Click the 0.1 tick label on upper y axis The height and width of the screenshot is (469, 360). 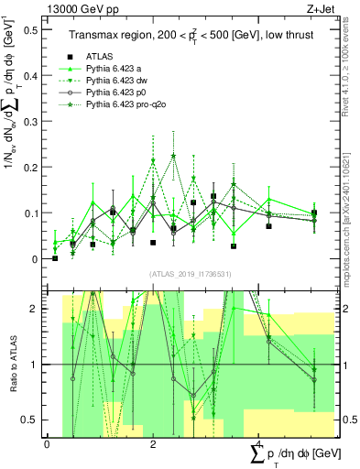pos(33,213)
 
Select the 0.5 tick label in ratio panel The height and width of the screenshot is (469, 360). pos(33,420)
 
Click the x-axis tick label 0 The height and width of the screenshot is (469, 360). pos(48,444)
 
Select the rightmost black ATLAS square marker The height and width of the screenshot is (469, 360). pos(314,213)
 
